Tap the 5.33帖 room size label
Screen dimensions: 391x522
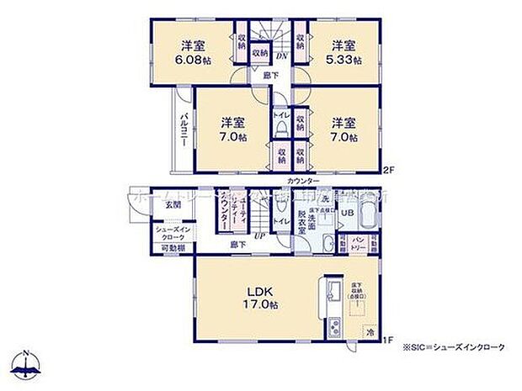[345, 60]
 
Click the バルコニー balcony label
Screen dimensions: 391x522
[182, 131]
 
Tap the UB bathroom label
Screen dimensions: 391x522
[346, 213]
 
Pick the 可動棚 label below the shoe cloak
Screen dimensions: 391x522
[174, 249]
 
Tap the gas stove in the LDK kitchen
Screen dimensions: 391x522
[332, 324]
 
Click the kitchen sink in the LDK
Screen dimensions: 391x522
[332, 293]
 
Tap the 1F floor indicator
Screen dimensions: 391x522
[389, 340]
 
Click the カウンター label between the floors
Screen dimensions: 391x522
[302, 182]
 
